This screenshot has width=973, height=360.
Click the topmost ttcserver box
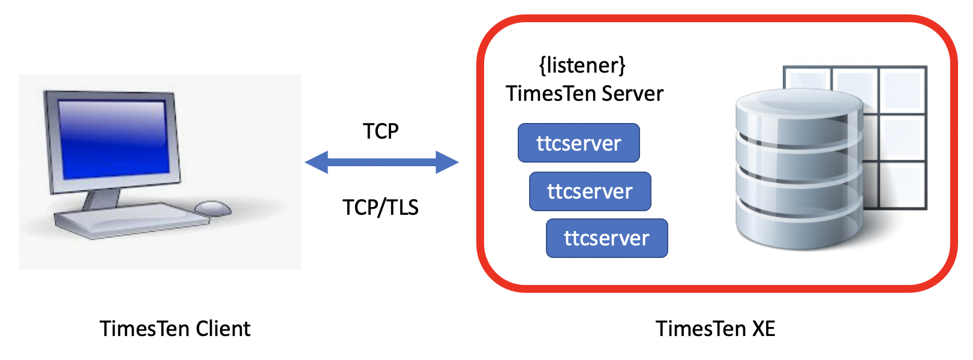578,143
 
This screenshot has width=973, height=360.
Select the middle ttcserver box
590,191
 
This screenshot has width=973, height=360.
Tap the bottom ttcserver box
606,238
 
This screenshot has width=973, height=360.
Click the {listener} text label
582,65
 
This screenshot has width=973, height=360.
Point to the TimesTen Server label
584,94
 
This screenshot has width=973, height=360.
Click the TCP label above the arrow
380,131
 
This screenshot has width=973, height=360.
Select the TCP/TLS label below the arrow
380,207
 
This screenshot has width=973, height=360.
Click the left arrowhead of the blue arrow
317,162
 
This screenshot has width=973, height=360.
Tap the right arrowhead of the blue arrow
446,162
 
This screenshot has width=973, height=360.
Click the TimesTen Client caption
175,329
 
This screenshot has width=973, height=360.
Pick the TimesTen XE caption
715,329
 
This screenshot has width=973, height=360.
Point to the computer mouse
213,208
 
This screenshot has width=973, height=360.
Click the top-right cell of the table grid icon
902,88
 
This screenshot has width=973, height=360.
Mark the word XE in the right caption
762,329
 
